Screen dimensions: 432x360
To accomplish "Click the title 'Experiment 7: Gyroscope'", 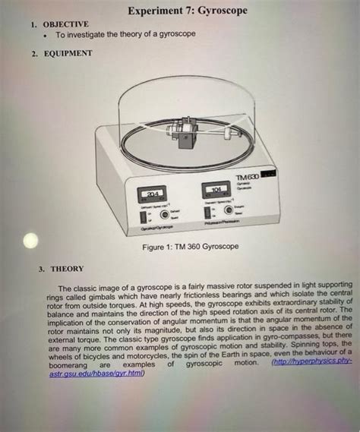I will (x=187, y=13).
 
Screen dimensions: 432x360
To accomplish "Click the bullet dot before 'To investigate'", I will (x=48, y=35).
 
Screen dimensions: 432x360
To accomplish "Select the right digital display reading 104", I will (x=216, y=189).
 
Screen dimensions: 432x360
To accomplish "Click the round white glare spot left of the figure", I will (x=30, y=241).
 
